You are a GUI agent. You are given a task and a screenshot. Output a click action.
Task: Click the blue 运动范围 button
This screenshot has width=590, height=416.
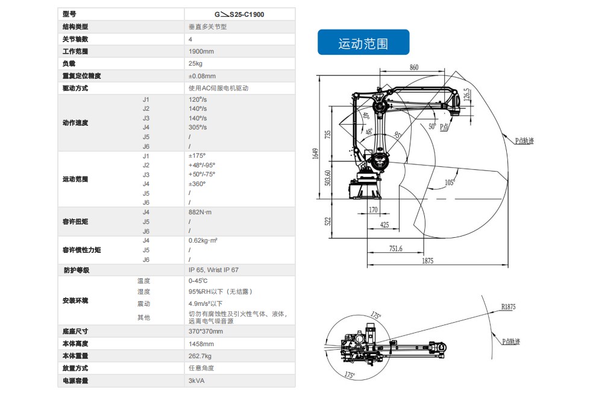[x=363, y=43]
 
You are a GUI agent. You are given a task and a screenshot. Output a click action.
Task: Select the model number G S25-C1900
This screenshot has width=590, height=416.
[x=239, y=14]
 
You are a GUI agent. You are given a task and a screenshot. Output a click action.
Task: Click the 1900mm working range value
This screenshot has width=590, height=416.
[x=201, y=52]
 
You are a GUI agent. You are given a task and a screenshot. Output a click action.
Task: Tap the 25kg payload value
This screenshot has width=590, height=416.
[x=195, y=64]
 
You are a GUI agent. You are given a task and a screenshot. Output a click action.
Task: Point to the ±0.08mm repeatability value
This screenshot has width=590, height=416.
[x=202, y=76]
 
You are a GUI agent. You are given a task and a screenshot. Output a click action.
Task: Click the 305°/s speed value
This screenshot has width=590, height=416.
[x=198, y=128]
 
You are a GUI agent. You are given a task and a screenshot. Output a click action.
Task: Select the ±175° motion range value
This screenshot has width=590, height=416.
[x=197, y=156]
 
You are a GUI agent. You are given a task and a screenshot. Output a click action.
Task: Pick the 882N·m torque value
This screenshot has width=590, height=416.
[x=200, y=213]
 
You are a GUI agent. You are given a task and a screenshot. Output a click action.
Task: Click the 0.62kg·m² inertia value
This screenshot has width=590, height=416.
[x=203, y=241]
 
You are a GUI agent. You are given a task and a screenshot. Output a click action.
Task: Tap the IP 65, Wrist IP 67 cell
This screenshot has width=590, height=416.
[x=213, y=270]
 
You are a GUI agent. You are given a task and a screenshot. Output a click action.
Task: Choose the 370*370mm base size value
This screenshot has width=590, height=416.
[x=206, y=332]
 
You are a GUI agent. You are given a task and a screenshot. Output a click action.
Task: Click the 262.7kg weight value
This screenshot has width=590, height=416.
[x=200, y=356]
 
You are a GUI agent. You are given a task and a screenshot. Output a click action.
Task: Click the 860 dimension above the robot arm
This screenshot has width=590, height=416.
[x=414, y=67]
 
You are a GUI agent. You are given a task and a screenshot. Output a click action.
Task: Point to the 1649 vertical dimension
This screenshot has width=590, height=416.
[x=315, y=154]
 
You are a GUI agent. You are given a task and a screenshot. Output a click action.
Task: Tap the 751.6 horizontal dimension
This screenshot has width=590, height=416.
[x=395, y=248]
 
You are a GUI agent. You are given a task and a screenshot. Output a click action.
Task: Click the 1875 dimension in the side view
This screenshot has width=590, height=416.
[x=427, y=261]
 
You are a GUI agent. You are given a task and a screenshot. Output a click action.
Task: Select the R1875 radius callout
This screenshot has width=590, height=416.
[x=509, y=307]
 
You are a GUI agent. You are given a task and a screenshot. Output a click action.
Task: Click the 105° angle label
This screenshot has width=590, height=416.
[x=449, y=182]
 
